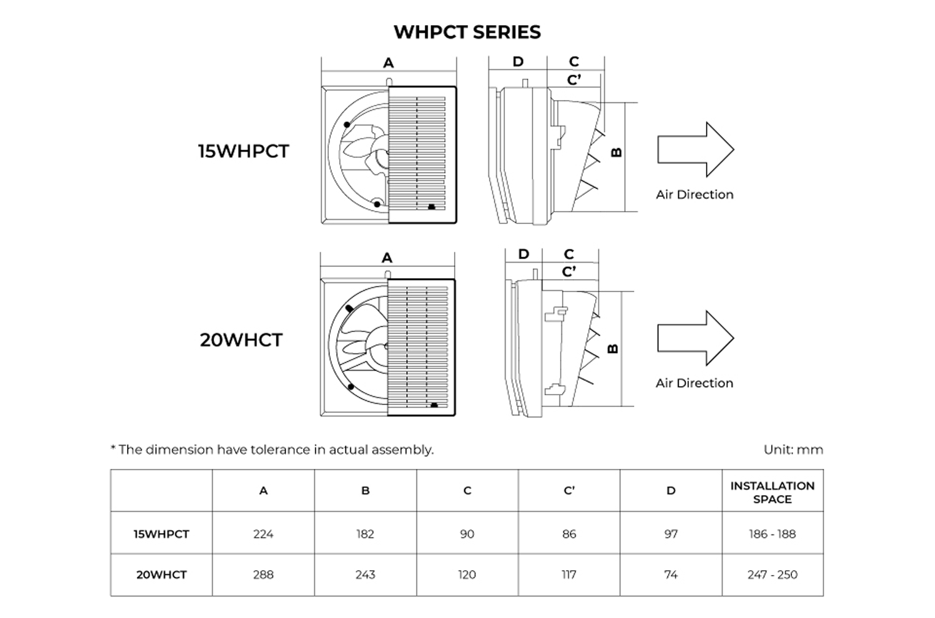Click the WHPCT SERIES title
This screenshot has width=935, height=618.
coord(467,32)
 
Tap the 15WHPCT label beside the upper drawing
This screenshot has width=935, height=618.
coord(243,151)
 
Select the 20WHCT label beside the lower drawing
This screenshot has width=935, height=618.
coord(241,339)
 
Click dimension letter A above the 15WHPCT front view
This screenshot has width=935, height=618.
coord(388,63)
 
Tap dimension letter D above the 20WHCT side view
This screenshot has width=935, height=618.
coord(523,254)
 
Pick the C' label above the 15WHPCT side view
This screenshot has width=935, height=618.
coord(574,80)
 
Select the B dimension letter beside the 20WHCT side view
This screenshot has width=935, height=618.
coord(613,349)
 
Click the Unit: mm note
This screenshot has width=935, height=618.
coord(793,449)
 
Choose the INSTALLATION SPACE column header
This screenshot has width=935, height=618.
coord(772,492)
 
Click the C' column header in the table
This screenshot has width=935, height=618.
coord(569,491)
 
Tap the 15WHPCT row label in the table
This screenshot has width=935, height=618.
coord(161,534)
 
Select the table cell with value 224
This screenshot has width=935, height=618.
coord(263,534)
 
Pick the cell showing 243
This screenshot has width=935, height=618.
coord(365,574)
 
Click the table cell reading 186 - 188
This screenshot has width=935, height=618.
coord(772,534)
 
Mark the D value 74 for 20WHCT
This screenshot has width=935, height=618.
coord(671,574)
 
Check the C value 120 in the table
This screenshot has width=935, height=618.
coord(467,574)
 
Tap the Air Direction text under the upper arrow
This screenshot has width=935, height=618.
coord(695,195)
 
